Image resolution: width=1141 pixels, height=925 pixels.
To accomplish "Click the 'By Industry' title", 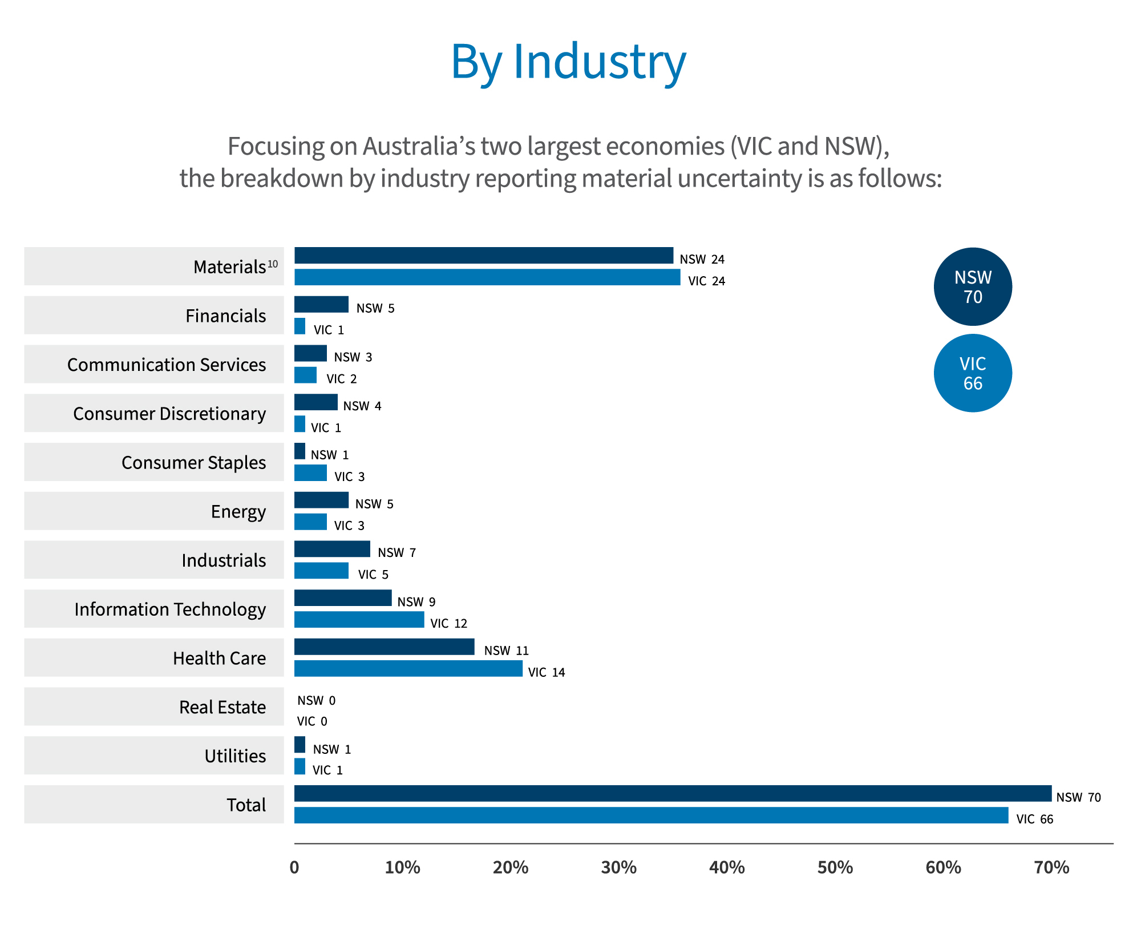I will (568, 62).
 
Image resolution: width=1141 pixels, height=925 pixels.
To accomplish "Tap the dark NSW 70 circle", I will (973, 286).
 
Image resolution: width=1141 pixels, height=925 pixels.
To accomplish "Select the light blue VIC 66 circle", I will (973, 373).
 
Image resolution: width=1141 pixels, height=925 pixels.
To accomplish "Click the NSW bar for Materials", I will (483, 256).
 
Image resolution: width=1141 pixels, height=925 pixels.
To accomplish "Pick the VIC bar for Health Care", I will (408, 669).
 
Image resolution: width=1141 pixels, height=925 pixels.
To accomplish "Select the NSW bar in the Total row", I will (672, 793).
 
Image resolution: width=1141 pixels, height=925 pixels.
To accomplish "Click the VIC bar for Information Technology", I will (359, 620).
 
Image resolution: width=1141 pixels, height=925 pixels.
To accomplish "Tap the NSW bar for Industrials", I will (332, 549).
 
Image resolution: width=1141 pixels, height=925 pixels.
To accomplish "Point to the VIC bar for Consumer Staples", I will (310, 473).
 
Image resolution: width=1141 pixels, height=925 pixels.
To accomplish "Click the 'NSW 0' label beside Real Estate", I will (316, 700).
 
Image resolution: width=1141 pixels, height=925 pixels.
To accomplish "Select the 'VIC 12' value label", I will (448, 624).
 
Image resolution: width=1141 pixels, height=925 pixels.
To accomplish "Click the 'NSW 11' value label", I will (506, 651).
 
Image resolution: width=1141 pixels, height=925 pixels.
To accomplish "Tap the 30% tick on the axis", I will (618, 868).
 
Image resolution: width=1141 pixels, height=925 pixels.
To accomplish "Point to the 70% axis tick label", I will (1051, 868).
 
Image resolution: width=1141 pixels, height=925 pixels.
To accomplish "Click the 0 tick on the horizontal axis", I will (294, 868).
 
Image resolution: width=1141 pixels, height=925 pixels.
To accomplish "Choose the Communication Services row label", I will (166, 365).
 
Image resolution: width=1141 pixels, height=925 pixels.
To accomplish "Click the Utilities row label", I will (235, 756).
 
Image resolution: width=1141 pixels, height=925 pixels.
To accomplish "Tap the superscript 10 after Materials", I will (273, 264).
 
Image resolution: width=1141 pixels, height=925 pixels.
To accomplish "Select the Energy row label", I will (238, 511).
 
